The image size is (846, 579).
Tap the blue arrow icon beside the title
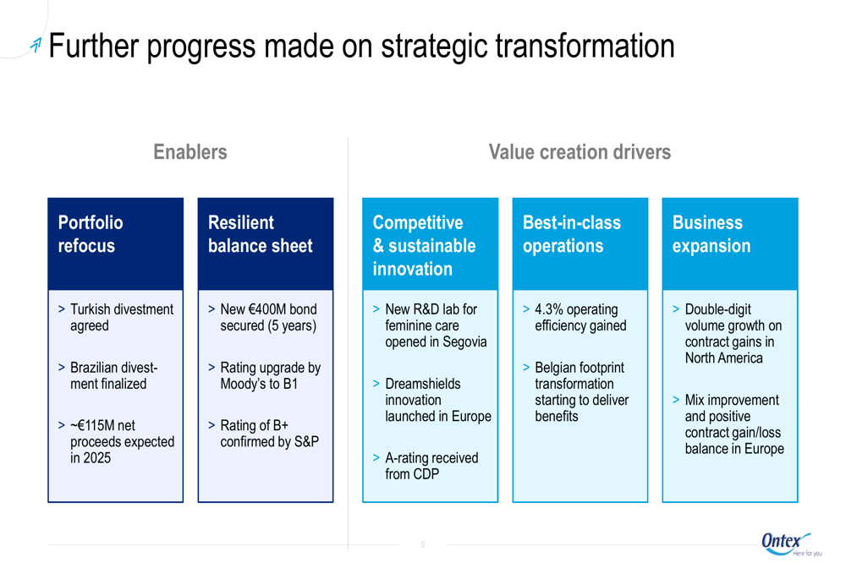[x=36, y=46]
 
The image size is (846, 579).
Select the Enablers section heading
[x=190, y=152]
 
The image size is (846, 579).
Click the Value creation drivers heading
[x=580, y=152]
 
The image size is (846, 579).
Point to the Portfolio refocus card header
[x=115, y=243]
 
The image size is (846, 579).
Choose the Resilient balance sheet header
[x=266, y=243]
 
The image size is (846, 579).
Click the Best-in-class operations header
[x=580, y=243]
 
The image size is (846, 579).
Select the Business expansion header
[x=730, y=243]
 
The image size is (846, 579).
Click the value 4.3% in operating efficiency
[x=549, y=309]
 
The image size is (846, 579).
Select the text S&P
[x=306, y=442]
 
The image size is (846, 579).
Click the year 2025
[x=97, y=458]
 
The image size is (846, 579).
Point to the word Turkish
[x=91, y=309]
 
